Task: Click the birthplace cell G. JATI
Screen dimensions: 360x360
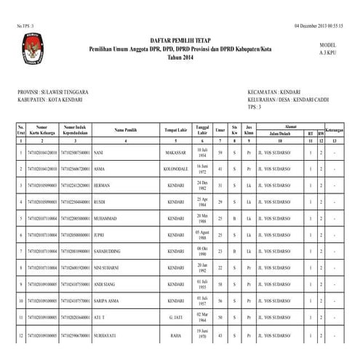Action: (x=175, y=318)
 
